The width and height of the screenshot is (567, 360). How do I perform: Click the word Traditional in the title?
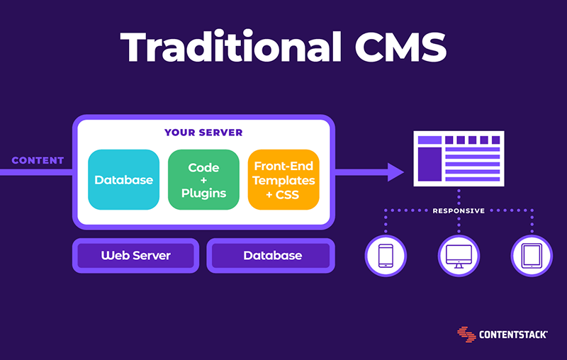point(231,46)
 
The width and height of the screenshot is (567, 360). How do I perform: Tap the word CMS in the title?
point(400,47)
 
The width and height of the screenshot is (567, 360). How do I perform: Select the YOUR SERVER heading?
point(203,133)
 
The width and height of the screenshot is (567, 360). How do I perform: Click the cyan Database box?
point(123,179)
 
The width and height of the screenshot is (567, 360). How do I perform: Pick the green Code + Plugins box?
point(203,179)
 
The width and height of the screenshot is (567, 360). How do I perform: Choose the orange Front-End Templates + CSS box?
point(283,179)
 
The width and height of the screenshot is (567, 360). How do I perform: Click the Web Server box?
point(135,256)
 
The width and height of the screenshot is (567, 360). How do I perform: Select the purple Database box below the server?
point(271,256)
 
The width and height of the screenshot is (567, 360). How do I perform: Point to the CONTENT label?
point(38,160)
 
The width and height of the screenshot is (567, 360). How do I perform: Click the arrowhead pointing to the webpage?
point(395,172)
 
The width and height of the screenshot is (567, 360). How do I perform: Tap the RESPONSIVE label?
point(459,210)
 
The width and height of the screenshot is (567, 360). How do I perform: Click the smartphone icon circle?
point(386,256)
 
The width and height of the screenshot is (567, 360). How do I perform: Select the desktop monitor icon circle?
point(459,256)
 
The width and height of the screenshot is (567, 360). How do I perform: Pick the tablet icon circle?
point(532,256)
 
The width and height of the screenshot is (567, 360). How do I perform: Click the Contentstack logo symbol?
point(466,334)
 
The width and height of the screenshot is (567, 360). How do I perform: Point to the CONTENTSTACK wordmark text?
point(513,334)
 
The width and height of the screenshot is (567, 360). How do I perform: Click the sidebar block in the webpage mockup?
point(430,164)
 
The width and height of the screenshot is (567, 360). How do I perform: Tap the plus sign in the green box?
point(203,181)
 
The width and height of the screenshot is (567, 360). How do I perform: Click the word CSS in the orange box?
point(288,195)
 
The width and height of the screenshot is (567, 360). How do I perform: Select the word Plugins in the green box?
point(203,193)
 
